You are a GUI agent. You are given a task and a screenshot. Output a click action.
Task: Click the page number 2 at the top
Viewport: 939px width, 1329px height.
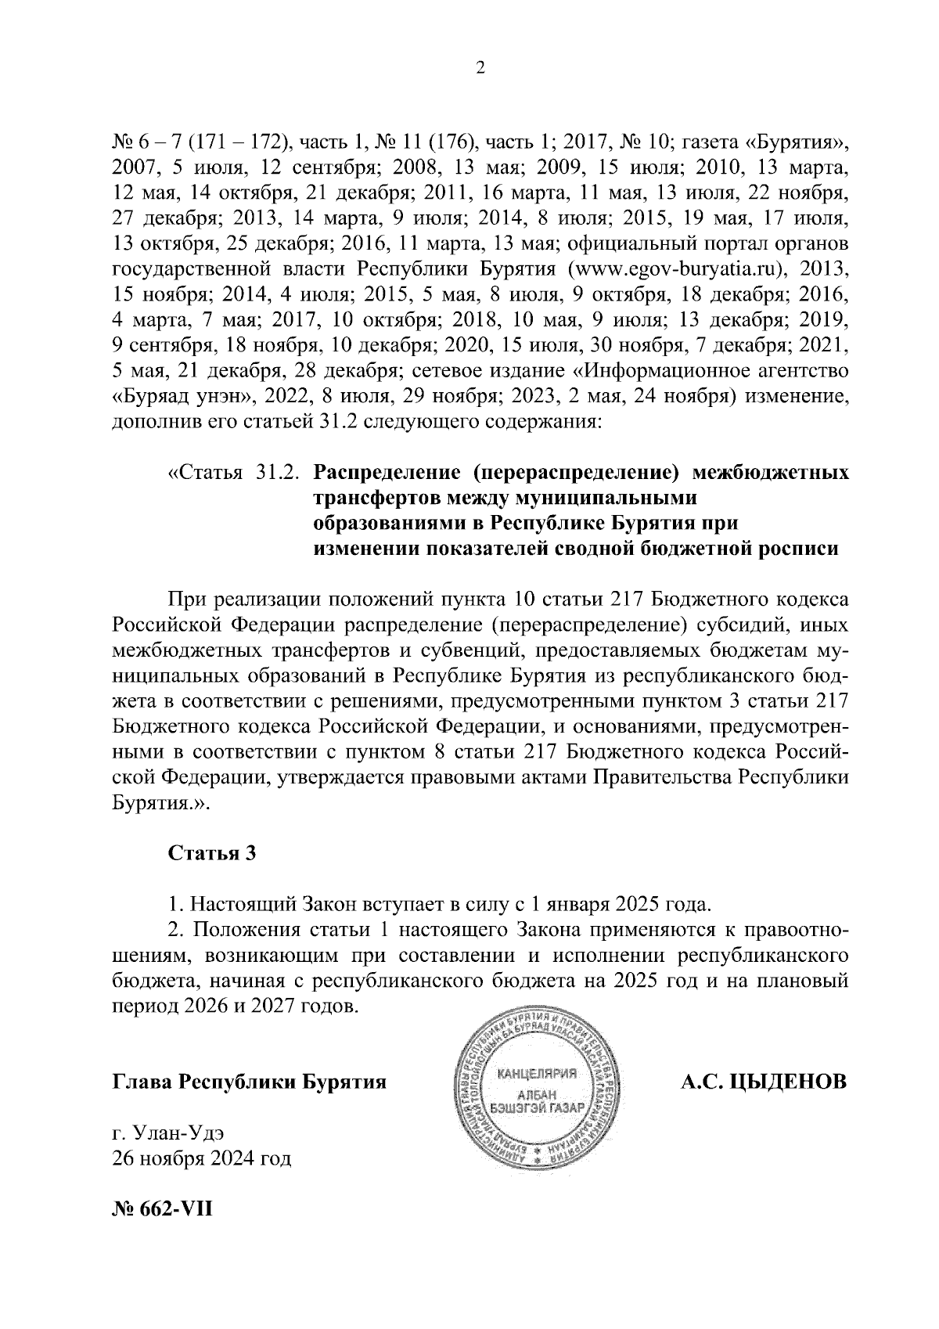tap(480, 69)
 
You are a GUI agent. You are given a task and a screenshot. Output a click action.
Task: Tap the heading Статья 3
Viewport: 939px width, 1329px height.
tap(212, 853)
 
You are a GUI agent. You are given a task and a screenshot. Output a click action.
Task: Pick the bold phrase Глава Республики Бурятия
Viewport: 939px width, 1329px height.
tap(250, 1082)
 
